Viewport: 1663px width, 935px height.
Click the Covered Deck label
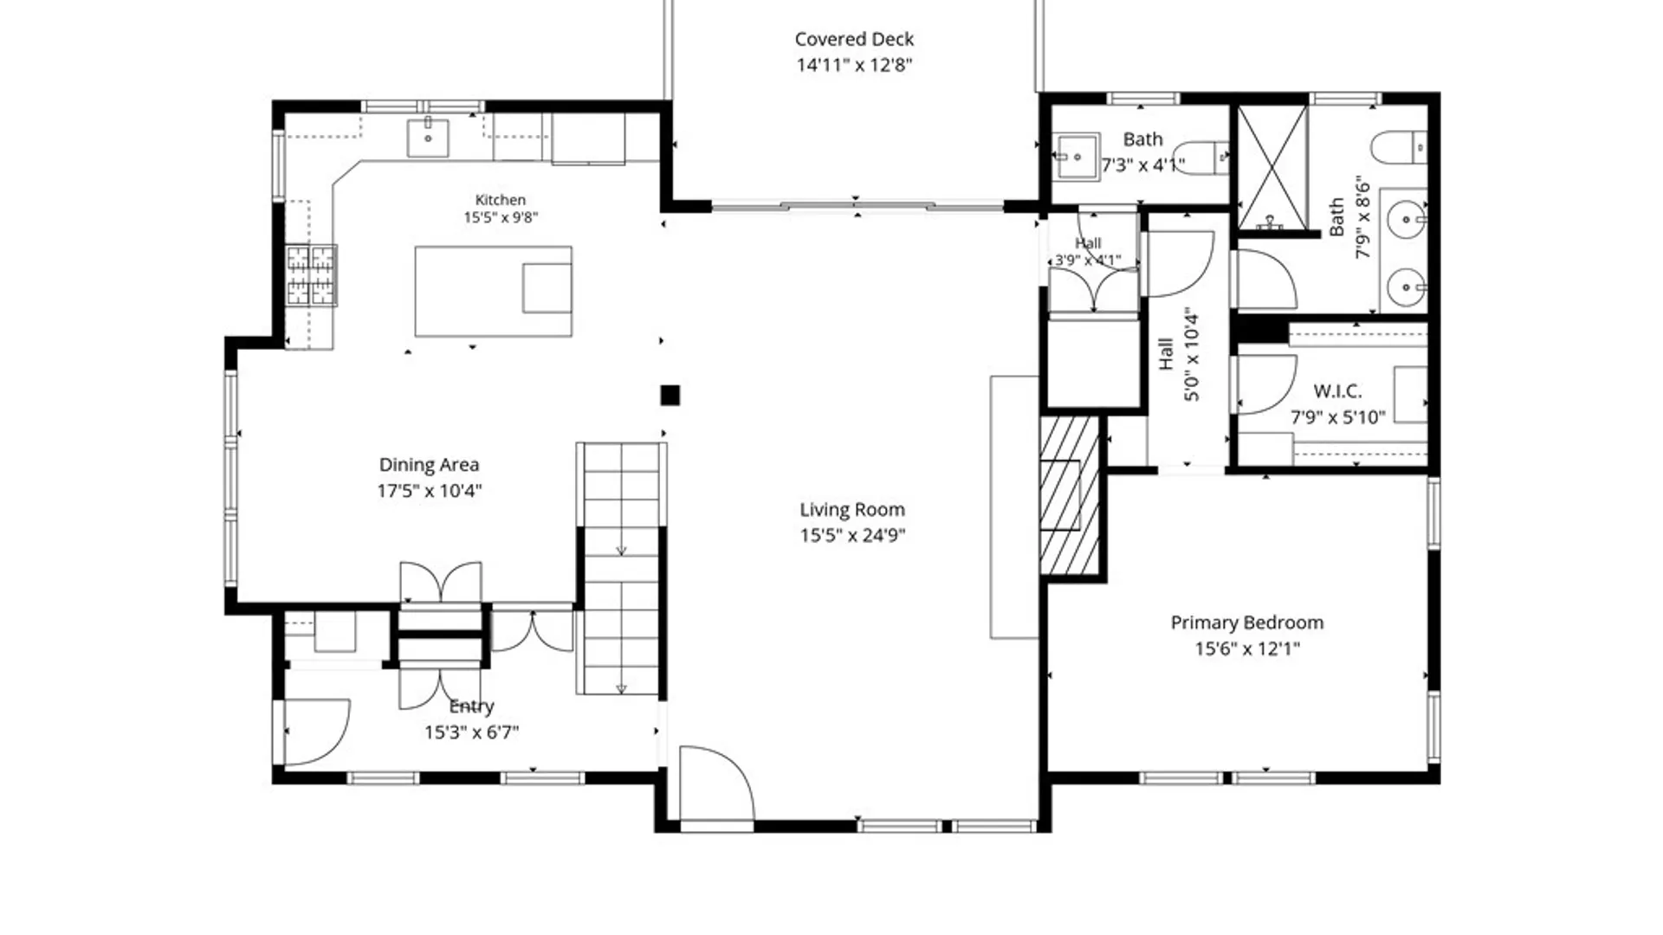pyautogui.click(x=854, y=39)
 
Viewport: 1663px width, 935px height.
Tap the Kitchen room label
pyautogui.click(x=500, y=200)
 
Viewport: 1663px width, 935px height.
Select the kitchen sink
pyautogui.click(x=428, y=138)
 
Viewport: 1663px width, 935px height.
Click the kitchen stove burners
pyautogui.click(x=311, y=275)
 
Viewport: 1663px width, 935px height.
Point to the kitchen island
pyautogui.click(x=493, y=291)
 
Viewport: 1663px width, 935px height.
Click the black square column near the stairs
pyautogui.click(x=670, y=396)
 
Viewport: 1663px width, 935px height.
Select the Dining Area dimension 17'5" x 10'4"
pyautogui.click(x=429, y=491)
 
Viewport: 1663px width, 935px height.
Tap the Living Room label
pyautogui.click(x=852, y=510)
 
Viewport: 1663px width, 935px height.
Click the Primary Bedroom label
pyautogui.click(x=1247, y=622)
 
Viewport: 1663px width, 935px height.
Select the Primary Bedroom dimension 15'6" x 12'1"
pyautogui.click(x=1247, y=648)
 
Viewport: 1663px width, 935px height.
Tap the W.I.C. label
pyautogui.click(x=1337, y=391)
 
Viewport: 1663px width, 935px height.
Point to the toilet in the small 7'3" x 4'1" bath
pyautogui.click(x=1206, y=158)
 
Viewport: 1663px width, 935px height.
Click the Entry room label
pyautogui.click(x=471, y=706)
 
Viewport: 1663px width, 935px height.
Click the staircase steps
pyautogui.click(x=621, y=569)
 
